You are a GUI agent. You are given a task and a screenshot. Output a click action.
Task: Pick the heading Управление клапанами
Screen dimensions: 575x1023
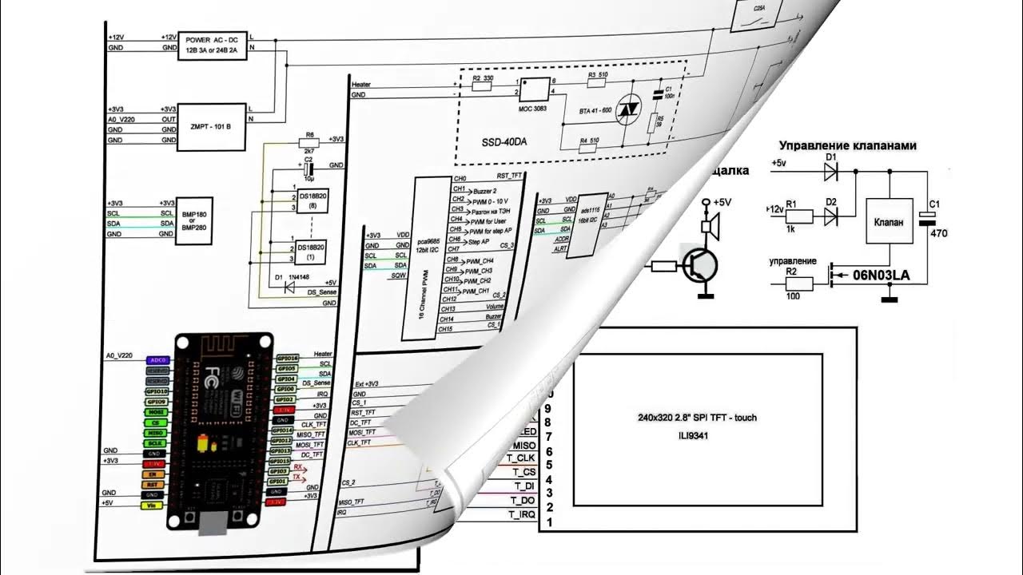point(847,145)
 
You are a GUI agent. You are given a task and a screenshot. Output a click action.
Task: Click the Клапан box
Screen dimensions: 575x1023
point(890,221)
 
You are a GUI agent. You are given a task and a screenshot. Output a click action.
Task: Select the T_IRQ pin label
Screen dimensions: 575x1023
point(522,515)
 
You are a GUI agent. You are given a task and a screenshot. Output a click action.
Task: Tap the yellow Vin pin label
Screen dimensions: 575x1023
point(152,505)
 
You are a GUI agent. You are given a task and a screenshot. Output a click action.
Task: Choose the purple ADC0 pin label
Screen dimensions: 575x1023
point(157,360)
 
